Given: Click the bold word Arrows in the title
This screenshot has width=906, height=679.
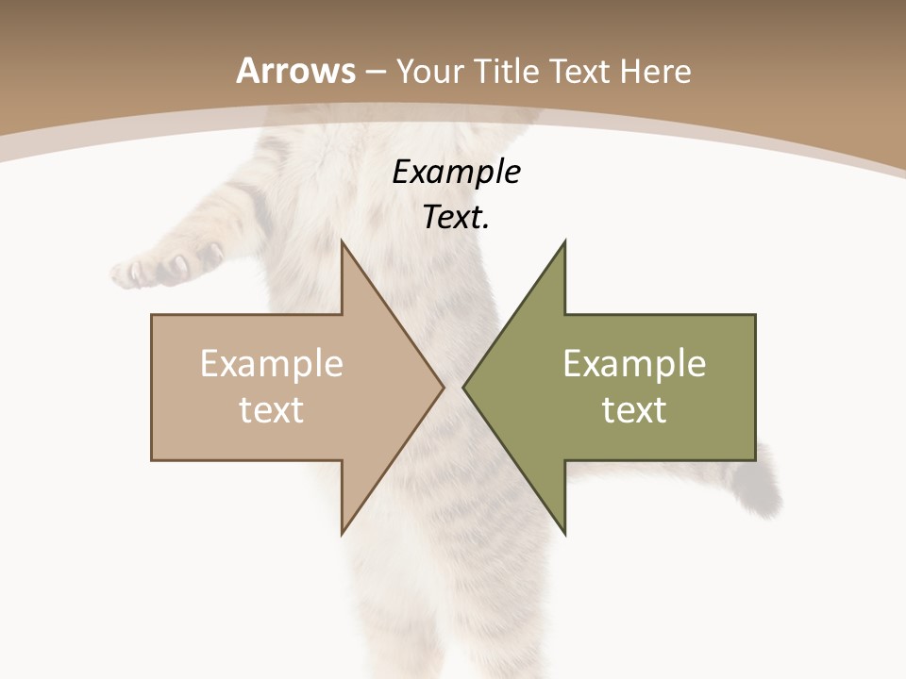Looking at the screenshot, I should click(296, 71).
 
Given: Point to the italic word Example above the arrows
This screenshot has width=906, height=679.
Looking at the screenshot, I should click(457, 173).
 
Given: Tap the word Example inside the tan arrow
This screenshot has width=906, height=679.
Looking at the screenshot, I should click(272, 364).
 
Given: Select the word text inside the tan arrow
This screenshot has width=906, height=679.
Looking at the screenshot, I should click(272, 410).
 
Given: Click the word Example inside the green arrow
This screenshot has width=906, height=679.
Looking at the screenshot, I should click(634, 364).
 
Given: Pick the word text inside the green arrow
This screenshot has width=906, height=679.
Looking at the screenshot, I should click(634, 410).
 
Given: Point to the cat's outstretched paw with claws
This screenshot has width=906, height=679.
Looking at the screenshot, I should click(156, 267).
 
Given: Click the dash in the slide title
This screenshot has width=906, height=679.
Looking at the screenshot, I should click(375, 73).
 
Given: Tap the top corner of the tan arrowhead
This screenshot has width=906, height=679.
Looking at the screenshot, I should click(343, 241).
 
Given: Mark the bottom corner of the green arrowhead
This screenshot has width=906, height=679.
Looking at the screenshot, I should click(564, 533).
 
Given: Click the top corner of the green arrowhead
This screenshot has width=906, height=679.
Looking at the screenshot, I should click(564, 241).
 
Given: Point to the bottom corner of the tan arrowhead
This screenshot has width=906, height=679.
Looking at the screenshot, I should click(343, 533).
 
